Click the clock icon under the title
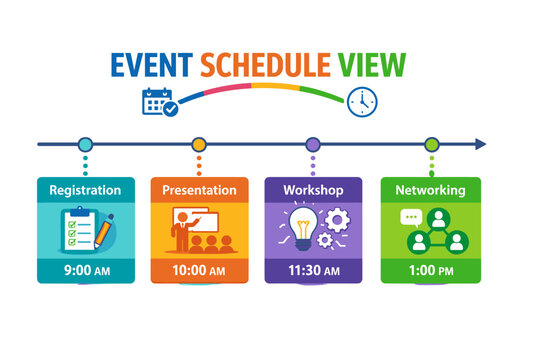click(362, 101)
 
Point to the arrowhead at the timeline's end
click(481, 144)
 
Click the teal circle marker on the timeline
click(85, 144)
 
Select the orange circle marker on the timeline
click(199, 144)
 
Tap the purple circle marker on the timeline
click(313, 144)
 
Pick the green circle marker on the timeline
click(431, 144)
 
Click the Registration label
click(85, 190)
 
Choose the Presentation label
click(199, 190)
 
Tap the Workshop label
click(313, 190)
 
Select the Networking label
click(430, 190)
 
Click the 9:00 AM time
click(85, 270)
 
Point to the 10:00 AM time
click(199, 270)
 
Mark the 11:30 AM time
click(313, 270)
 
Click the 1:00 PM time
click(430, 270)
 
